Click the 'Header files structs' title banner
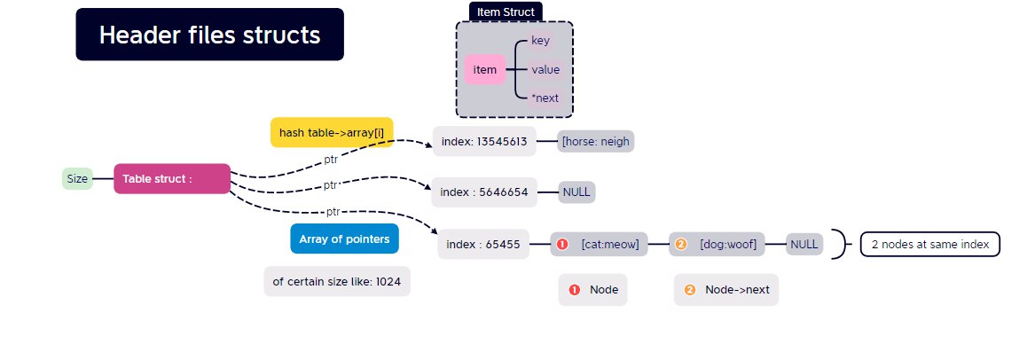[209, 35]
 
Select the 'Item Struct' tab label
[506, 12]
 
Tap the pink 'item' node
[484, 69]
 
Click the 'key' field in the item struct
[540, 41]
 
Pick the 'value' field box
[545, 69]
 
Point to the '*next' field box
[545, 98]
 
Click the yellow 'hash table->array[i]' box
[331, 132]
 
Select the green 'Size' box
[77, 178]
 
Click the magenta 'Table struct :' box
[171, 178]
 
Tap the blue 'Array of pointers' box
[344, 239]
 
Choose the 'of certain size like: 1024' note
[337, 281]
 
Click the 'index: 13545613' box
[484, 141]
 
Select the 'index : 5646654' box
[484, 192]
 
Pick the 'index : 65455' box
[483, 244]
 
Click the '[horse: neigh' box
[596, 141]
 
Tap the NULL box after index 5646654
[576, 192]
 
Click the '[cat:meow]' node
[600, 244]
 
